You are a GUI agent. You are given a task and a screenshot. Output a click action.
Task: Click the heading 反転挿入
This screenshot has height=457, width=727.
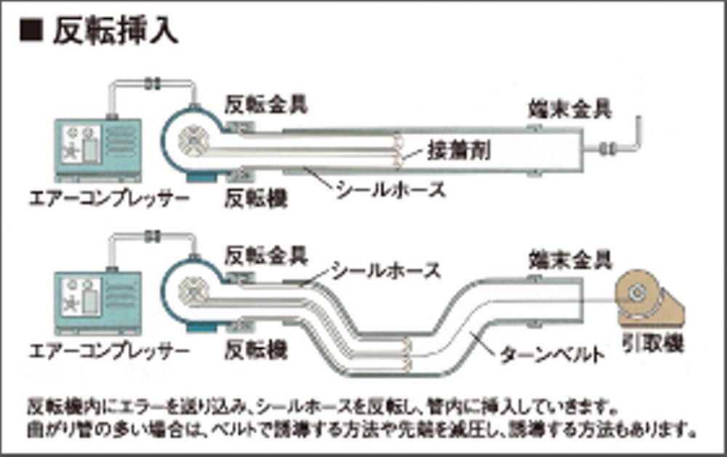(x=116, y=32)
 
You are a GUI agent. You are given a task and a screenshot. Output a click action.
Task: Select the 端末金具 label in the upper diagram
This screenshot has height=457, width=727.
(x=569, y=108)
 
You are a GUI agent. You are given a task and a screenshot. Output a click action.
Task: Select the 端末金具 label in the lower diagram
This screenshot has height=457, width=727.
(x=569, y=258)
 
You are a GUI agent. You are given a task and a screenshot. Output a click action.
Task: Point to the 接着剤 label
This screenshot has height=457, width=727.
(x=459, y=150)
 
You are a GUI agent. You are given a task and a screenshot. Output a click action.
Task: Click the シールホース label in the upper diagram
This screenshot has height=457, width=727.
(x=390, y=191)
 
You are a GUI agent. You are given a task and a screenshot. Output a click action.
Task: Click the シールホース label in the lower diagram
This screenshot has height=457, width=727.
(x=385, y=271)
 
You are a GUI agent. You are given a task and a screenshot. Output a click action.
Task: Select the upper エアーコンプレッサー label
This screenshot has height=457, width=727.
(x=108, y=197)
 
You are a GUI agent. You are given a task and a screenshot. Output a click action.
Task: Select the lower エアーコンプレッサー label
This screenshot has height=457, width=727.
(x=108, y=352)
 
